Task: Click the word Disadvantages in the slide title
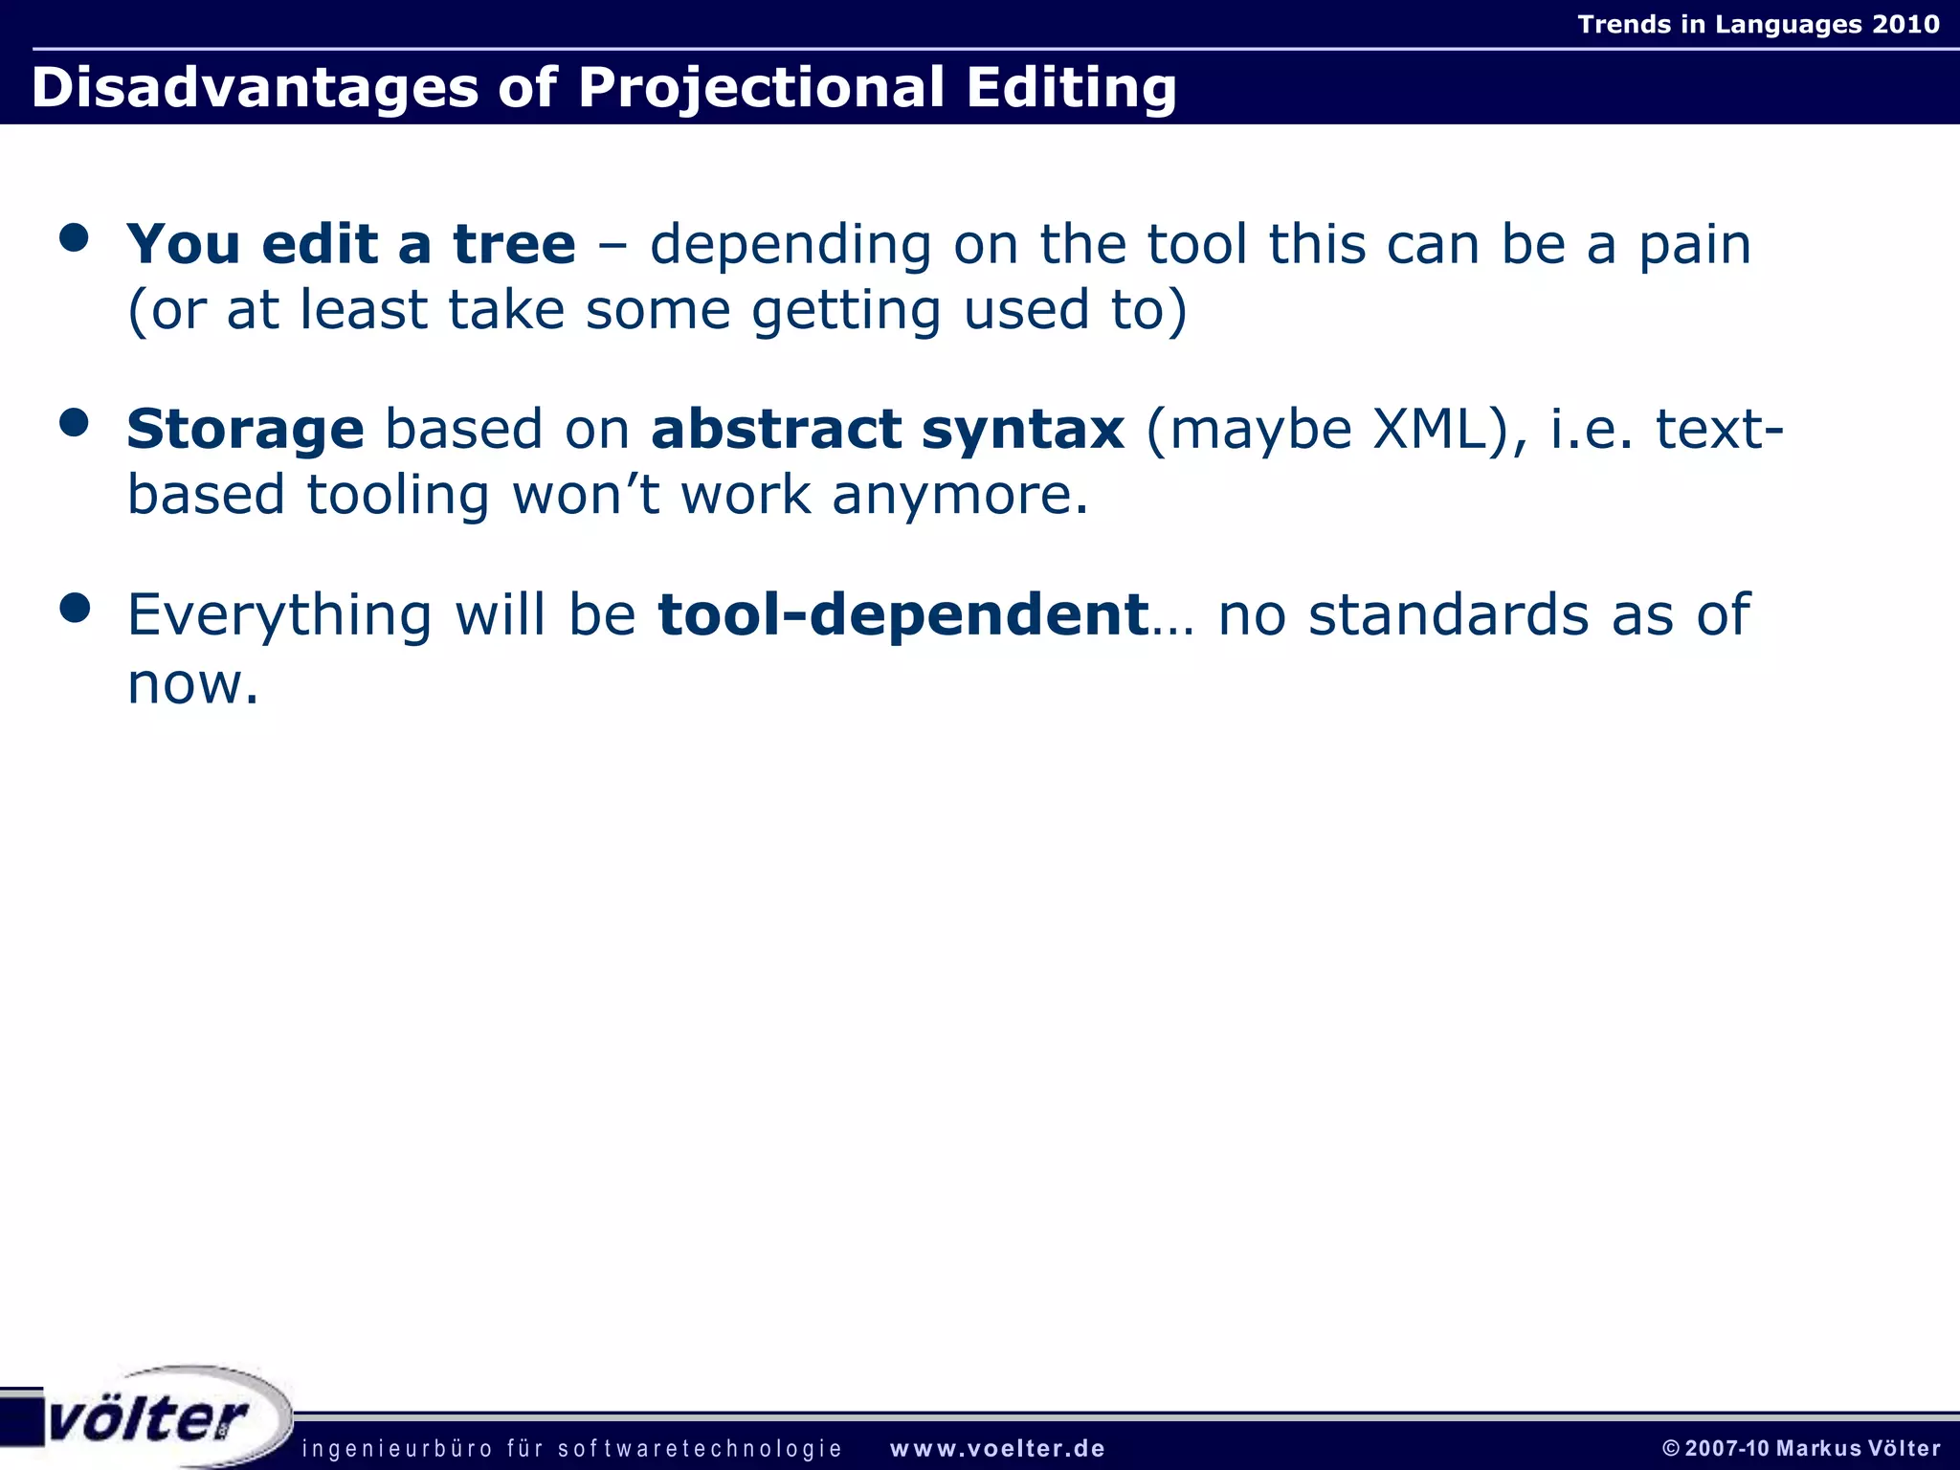coord(254,88)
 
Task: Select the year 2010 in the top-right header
coord(1905,24)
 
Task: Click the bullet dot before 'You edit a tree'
coord(74,237)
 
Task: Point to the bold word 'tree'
coord(514,244)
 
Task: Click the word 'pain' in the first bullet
coord(1695,245)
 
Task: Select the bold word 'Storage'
coord(245,430)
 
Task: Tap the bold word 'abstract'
coord(776,429)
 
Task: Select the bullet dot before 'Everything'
coord(74,607)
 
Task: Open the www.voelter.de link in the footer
coord(997,1449)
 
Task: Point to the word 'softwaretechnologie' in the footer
coord(700,1449)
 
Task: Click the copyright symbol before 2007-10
coord(1671,1449)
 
